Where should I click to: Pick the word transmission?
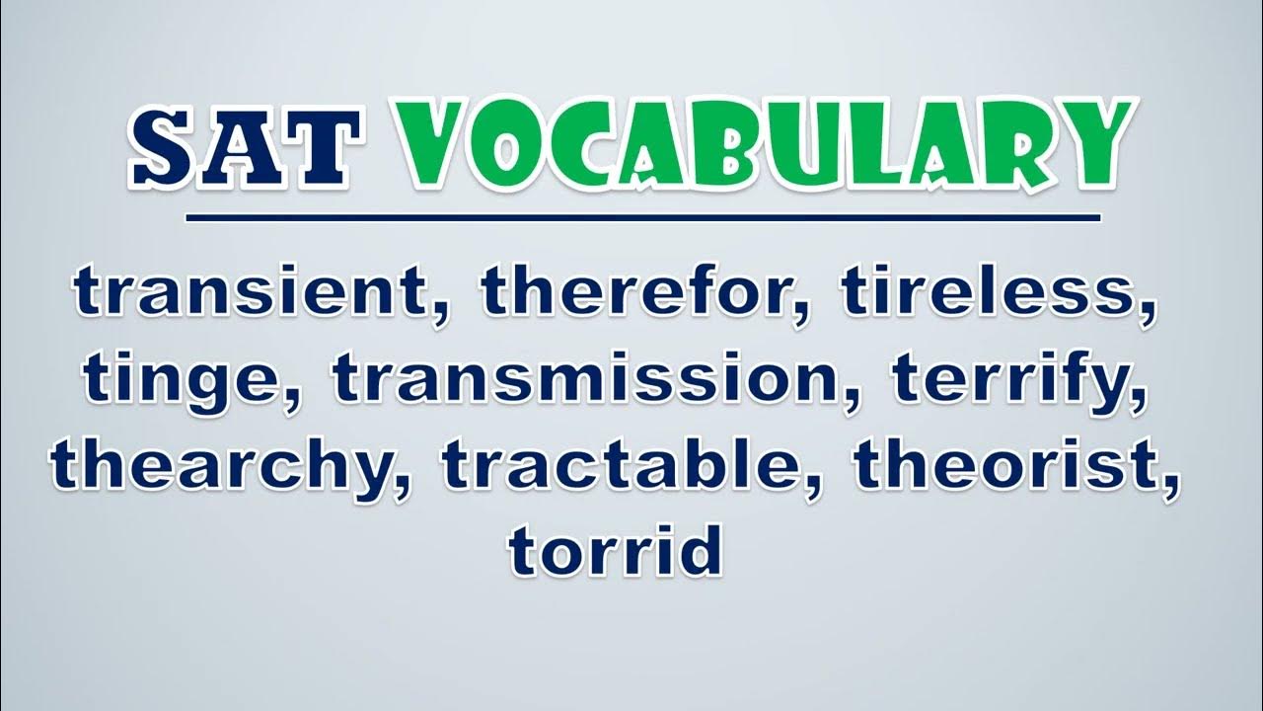[587, 377]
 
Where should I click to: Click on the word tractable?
[627, 468]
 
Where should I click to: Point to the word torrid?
[615, 549]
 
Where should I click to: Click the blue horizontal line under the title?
[643, 218]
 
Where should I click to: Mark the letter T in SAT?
[324, 147]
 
